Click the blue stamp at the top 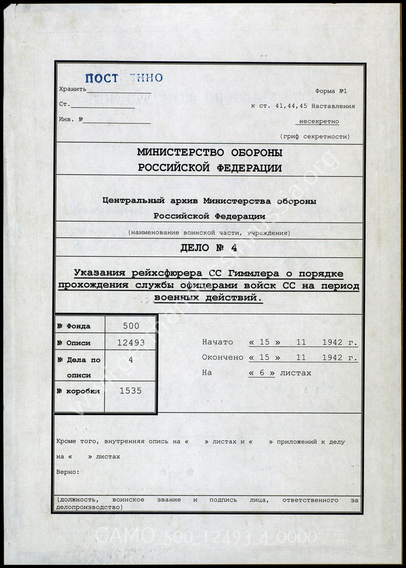(x=123, y=77)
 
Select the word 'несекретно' (x=319, y=121)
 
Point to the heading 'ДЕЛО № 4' (x=208, y=248)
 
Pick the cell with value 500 (x=131, y=326)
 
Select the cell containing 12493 (x=131, y=343)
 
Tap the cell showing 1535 (x=131, y=392)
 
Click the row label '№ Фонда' (x=74, y=326)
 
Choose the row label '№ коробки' (x=76, y=392)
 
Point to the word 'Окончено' (x=222, y=357)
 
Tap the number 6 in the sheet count (x=261, y=373)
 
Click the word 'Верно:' (x=67, y=472)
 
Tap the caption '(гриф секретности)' (x=314, y=136)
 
